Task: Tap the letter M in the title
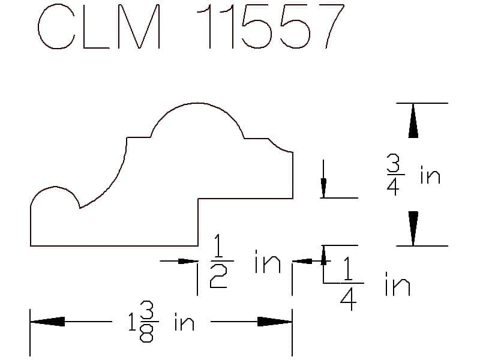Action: tap(139, 27)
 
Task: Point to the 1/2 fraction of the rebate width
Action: tap(218, 261)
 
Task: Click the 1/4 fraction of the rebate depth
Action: tap(349, 283)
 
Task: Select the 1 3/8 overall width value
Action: tap(143, 322)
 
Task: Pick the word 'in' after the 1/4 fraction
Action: tap(397, 284)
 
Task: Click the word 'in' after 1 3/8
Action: tap(184, 322)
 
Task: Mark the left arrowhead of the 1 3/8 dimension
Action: tap(47, 322)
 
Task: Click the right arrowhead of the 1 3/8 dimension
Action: tap(275, 322)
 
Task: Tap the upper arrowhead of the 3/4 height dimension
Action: tap(413, 121)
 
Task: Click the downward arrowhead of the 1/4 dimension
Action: tap(323, 188)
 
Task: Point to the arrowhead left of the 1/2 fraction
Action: tap(188, 261)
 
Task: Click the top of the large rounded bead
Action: tap(197, 103)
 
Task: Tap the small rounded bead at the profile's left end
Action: tap(55, 187)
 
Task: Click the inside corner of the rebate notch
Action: tap(199, 199)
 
